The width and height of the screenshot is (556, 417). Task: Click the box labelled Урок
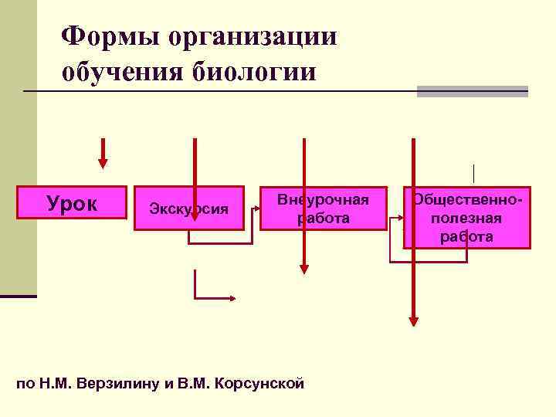pos(72,203)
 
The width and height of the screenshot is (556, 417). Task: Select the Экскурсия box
pos(189,208)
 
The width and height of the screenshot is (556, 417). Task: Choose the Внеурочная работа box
pos(323,208)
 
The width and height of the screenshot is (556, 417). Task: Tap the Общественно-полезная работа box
pos(466,217)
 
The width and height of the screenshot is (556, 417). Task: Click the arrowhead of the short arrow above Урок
pos(103,163)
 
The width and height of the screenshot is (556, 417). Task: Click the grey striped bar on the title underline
pos(472,91)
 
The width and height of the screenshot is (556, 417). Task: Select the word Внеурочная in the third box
pos(323,199)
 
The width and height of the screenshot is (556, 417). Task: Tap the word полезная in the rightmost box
pos(466,219)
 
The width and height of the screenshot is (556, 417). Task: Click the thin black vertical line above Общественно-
pos(473,174)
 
